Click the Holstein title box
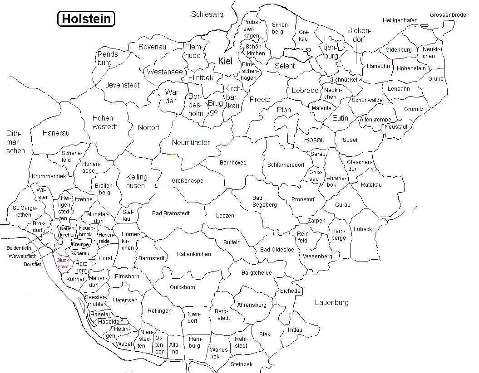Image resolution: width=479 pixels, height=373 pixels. click(86, 19)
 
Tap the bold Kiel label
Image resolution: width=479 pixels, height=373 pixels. click(225, 62)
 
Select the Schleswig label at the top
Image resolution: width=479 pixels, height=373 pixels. click(207, 15)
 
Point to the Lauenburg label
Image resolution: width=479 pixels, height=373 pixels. click(331, 302)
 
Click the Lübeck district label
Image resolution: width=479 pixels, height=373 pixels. click(362, 229)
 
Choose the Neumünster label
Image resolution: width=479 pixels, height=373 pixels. click(191, 142)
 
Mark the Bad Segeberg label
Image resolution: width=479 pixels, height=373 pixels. click(264, 202)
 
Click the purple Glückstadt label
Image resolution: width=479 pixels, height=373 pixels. click(63, 263)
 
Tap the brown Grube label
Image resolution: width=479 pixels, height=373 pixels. click(435, 78)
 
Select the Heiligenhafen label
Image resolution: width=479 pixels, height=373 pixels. click(400, 20)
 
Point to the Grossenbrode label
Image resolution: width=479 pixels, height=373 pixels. click(448, 15)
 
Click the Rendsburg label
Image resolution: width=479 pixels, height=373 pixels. click(108, 58)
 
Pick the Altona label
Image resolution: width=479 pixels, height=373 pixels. click(174, 348)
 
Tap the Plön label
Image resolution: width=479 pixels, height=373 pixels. click(284, 110)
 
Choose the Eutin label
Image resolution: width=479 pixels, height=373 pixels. click(340, 118)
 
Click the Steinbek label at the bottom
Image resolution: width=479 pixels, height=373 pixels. click(242, 364)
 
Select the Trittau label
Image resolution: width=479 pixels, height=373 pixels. click(294, 329)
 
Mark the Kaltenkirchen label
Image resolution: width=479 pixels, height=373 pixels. click(194, 254)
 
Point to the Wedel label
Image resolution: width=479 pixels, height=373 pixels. click(124, 344)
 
